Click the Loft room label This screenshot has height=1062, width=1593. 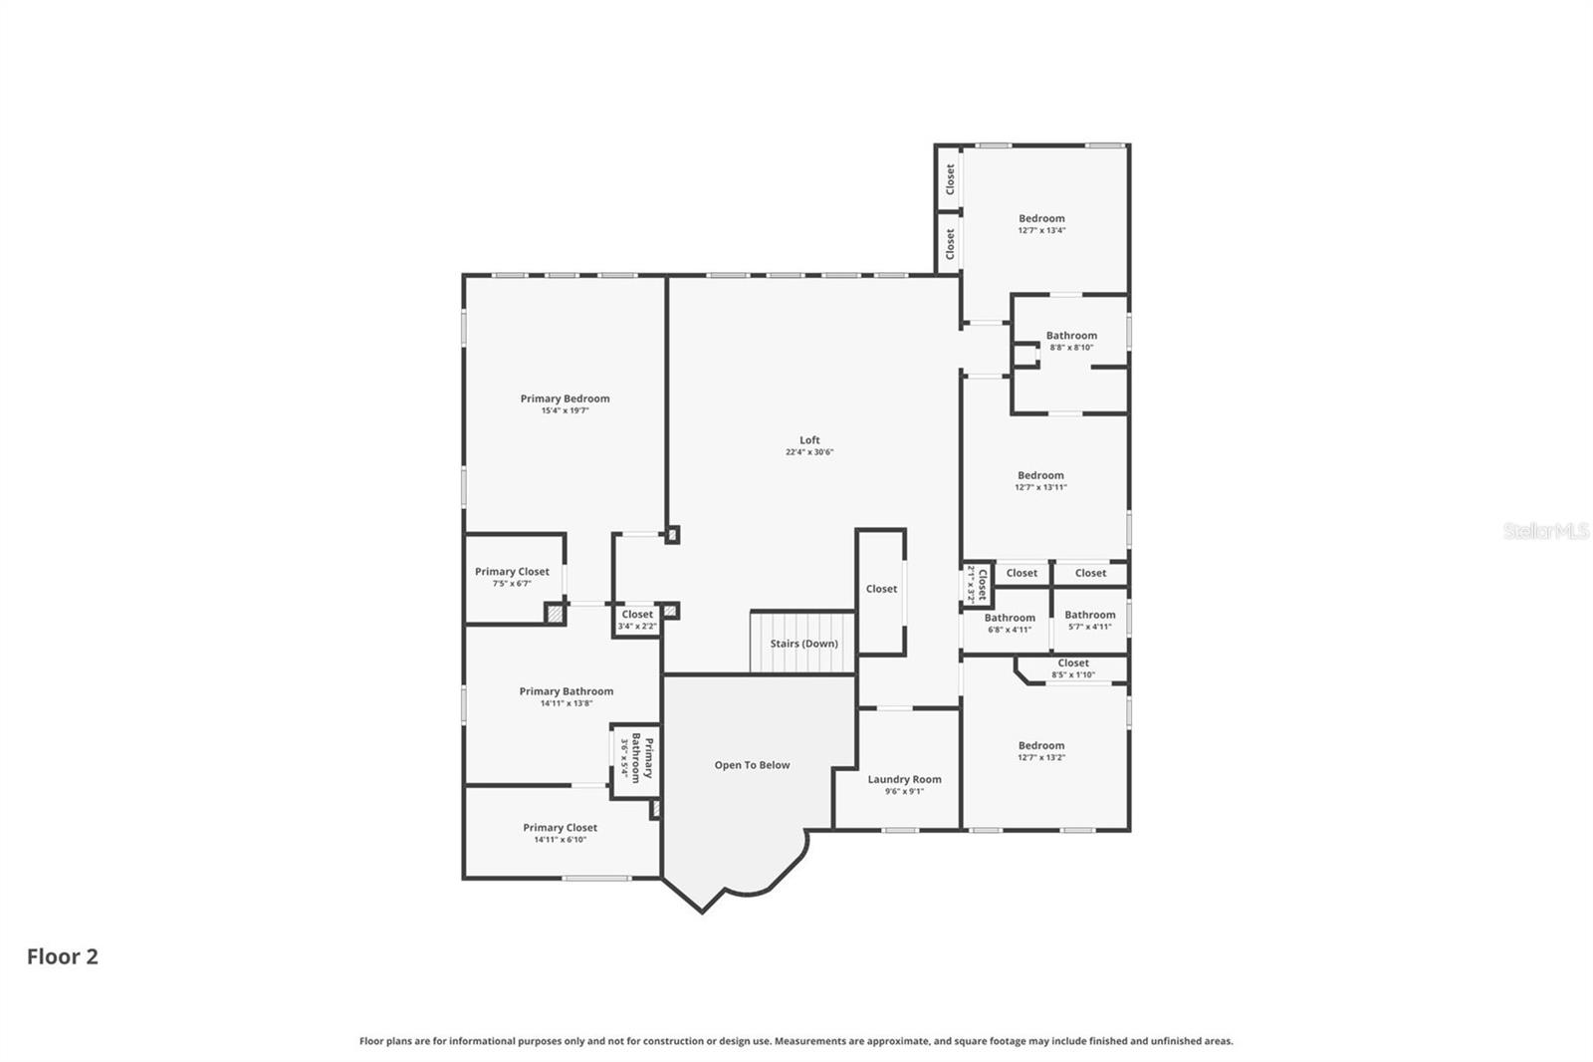(809, 440)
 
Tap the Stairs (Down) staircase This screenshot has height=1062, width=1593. (803, 643)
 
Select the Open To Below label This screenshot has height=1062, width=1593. (752, 765)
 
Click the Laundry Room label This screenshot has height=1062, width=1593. (904, 780)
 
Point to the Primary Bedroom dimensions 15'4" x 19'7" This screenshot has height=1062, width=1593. (565, 410)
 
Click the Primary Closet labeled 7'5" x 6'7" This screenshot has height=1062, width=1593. (512, 577)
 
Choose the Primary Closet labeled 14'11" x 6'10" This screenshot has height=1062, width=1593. (560, 833)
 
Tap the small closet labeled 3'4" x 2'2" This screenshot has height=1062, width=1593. (637, 620)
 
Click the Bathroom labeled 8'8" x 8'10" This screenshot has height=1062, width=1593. (1071, 341)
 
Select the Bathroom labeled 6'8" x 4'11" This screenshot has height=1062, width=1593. (1010, 623)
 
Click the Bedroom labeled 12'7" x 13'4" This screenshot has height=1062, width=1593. (1041, 223)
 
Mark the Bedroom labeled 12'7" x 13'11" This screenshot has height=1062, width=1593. (1040, 480)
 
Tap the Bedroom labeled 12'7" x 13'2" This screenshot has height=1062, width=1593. (1041, 750)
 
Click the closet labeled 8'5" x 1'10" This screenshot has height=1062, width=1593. (1073, 667)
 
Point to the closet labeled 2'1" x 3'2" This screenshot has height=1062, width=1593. (977, 585)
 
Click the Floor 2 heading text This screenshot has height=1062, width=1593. (63, 956)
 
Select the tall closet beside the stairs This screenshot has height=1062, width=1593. (881, 590)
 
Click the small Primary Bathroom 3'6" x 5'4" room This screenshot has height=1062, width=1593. (636, 759)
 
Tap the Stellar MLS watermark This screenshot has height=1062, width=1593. (1545, 531)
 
